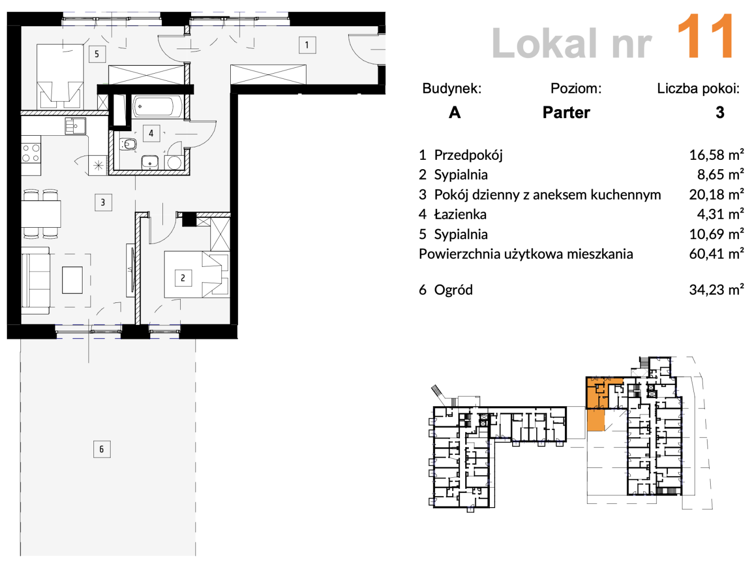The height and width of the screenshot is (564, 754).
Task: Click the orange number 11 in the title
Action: point(705,37)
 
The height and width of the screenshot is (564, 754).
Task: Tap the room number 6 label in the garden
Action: point(102,449)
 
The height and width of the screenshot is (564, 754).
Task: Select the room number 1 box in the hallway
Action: point(307,45)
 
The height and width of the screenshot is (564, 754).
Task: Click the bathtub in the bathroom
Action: point(157,107)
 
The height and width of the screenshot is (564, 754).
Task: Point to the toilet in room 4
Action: point(128,144)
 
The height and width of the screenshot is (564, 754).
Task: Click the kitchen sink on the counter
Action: point(75,126)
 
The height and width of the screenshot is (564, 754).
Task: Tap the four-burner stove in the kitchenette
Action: point(31,153)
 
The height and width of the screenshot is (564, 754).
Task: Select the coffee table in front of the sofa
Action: point(72,280)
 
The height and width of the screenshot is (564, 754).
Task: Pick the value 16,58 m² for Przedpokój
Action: point(716,155)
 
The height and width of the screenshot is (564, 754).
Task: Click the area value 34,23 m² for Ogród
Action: point(716,290)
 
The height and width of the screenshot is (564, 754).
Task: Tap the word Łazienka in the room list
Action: point(460,214)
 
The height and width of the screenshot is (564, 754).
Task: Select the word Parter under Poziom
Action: point(566,112)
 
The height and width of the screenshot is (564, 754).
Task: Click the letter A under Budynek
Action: point(454,112)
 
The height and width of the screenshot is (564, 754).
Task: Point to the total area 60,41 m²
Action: point(716,254)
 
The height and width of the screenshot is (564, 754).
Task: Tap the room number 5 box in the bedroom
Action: point(97,54)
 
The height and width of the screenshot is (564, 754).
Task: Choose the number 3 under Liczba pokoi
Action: point(720,112)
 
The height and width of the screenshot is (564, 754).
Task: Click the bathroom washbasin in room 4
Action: point(150,162)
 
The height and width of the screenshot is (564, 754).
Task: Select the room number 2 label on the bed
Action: point(183,278)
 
